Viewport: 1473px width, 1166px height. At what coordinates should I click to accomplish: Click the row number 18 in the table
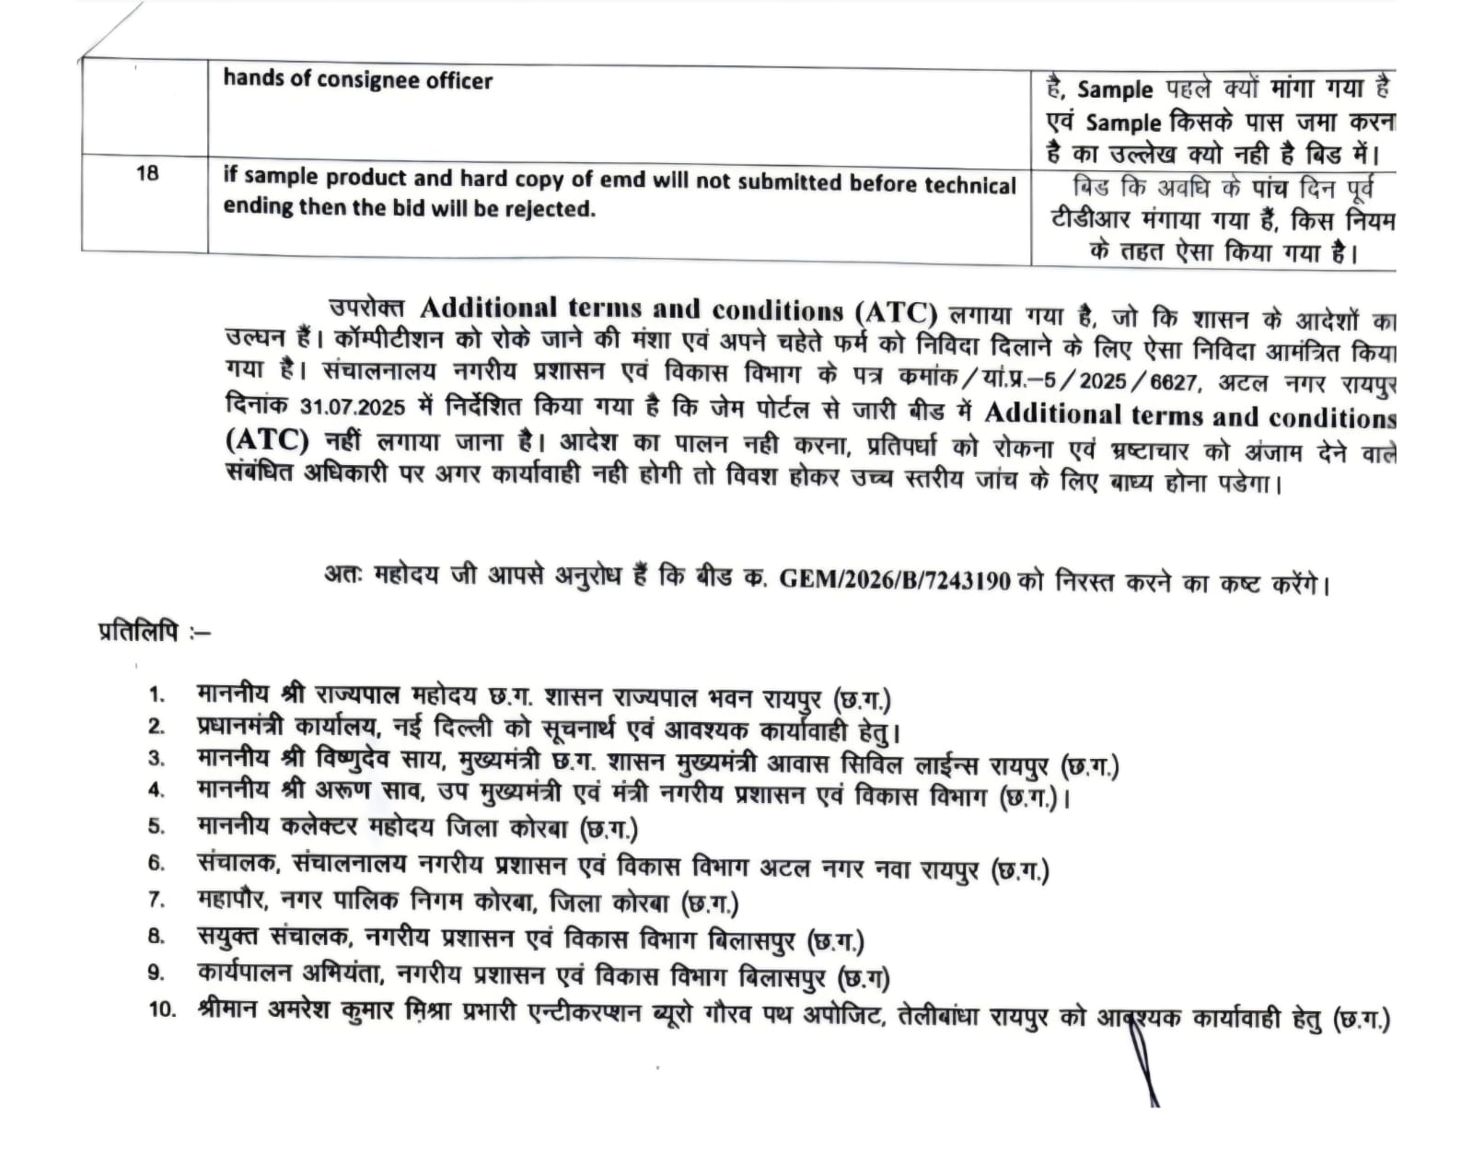tap(147, 173)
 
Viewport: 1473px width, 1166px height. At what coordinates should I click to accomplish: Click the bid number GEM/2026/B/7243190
tap(894, 581)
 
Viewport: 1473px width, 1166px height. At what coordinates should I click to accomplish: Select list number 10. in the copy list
tap(162, 1009)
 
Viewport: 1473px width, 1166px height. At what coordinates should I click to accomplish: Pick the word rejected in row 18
tap(551, 208)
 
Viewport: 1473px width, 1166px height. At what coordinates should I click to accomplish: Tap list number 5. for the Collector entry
tap(157, 825)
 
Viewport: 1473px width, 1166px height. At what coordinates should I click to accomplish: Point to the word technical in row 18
tap(968, 184)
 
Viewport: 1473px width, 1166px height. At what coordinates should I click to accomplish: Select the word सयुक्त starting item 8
tap(229, 937)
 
